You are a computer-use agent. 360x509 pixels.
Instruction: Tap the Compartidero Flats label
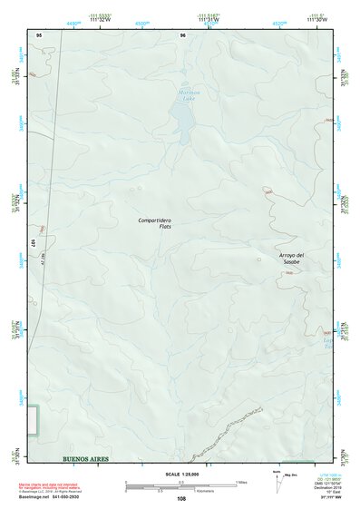(155, 223)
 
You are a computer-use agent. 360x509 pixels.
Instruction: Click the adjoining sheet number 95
(39, 34)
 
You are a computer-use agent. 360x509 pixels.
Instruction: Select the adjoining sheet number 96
(182, 34)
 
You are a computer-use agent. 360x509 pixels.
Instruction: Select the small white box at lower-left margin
(33, 420)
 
